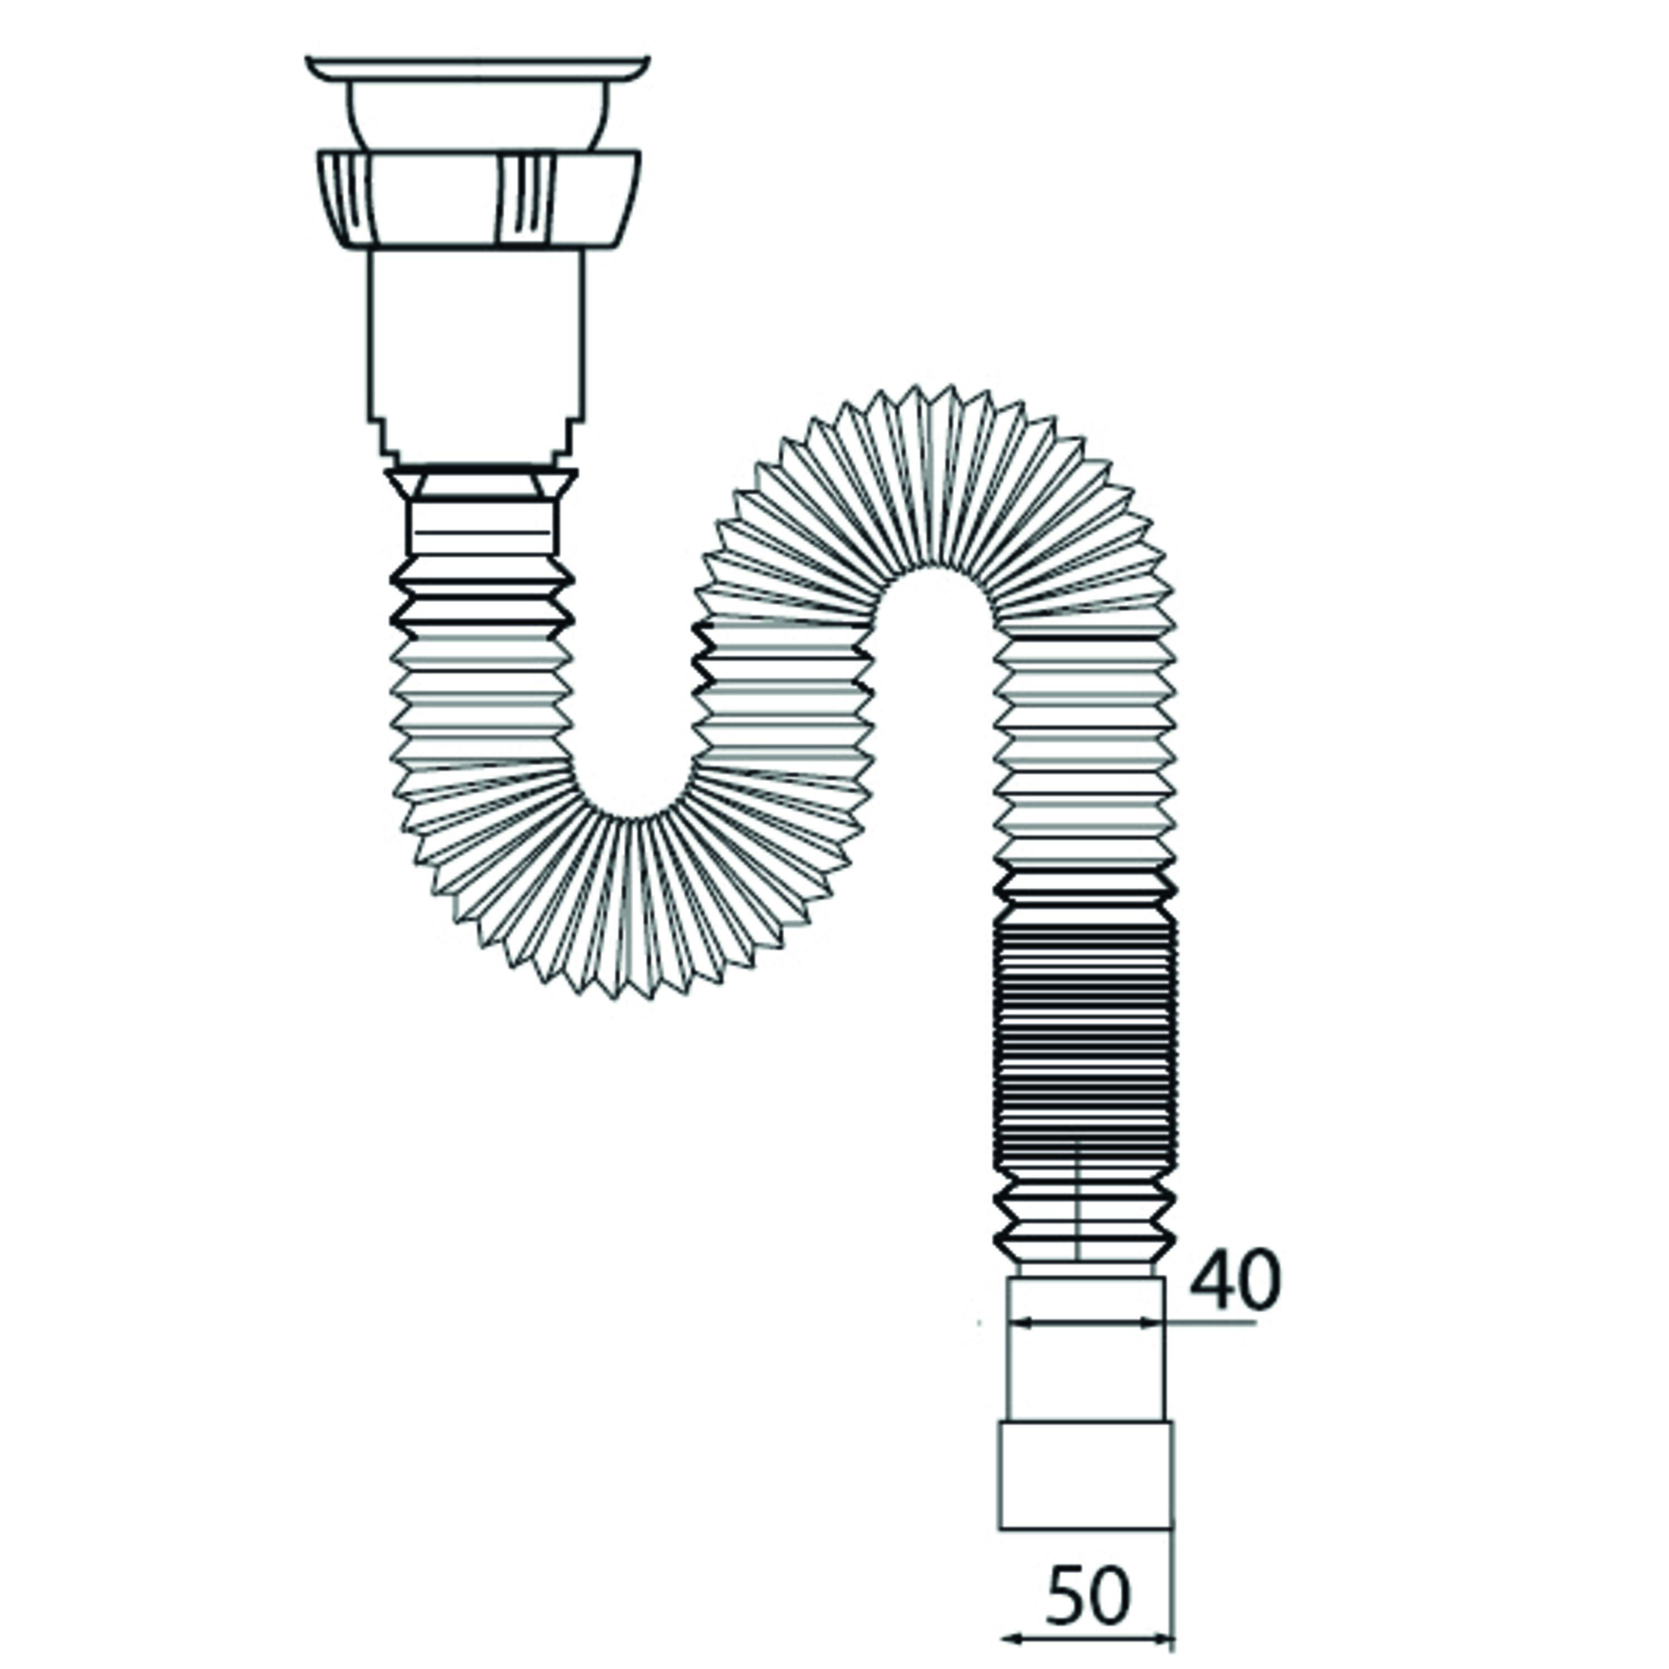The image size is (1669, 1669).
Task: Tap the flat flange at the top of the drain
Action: [478, 68]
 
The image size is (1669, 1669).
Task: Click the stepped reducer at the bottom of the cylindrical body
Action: [478, 441]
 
